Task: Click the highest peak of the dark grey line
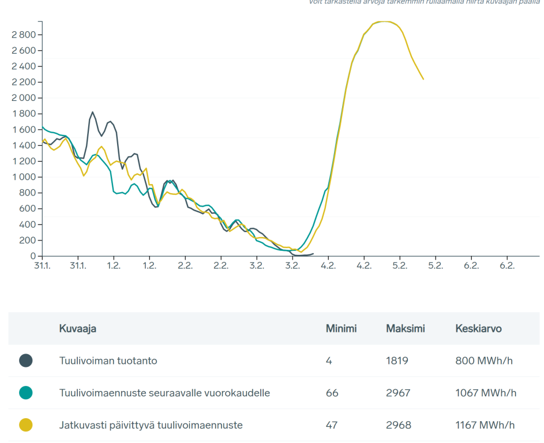pos(92,112)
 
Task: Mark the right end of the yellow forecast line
pos(423,79)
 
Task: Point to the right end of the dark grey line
pos(313,253)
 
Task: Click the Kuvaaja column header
pos(77,329)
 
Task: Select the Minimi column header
pos(341,329)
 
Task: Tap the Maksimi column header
pos(405,329)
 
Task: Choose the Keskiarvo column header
pos(478,329)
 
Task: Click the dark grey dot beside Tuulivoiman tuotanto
pos(25,361)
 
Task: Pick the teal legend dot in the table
pos(25,393)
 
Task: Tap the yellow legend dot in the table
pos(25,425)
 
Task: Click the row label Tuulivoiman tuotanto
pos(108,361)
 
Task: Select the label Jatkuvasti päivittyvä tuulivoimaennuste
pos(151,425)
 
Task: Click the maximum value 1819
pos(397,361)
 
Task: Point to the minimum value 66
pos(332,393)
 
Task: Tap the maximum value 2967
pos(398,393)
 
